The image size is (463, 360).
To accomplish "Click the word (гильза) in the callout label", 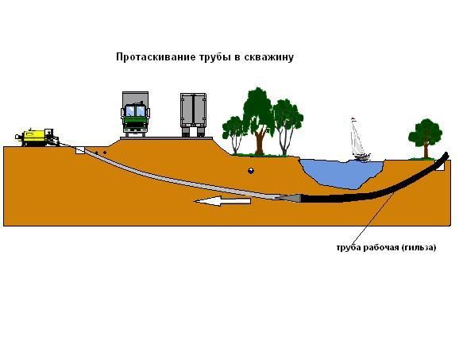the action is point(419,248).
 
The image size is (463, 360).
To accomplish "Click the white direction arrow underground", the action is point(222,201).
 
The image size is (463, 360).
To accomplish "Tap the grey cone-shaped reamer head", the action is point(290,198).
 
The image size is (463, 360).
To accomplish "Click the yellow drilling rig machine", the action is point(37,137).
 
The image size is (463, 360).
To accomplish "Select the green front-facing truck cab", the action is point(135,118).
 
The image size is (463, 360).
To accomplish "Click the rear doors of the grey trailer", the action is point(194,109).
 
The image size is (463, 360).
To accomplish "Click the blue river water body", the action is point(342,173).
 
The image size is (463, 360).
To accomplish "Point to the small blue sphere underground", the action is point(251,171).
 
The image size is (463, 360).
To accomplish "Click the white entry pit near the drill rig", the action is point(79,150).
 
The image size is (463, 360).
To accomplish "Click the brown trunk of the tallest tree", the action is point(260,142).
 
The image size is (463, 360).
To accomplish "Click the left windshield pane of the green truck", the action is point(130,110).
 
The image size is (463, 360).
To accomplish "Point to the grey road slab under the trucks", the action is point(166,138).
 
